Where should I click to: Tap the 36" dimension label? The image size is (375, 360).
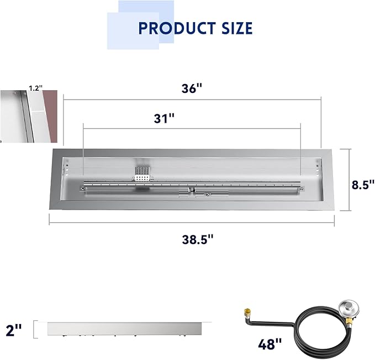pos(192,88)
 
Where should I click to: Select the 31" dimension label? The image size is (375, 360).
pos(164,118)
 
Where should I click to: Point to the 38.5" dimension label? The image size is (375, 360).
pos(198,239)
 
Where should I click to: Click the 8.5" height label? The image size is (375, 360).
pos(363,185)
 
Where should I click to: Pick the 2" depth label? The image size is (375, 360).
pos(14,330)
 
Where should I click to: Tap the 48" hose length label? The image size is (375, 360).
pos(270,344)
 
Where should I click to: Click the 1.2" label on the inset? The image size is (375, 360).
pos(35,88)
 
